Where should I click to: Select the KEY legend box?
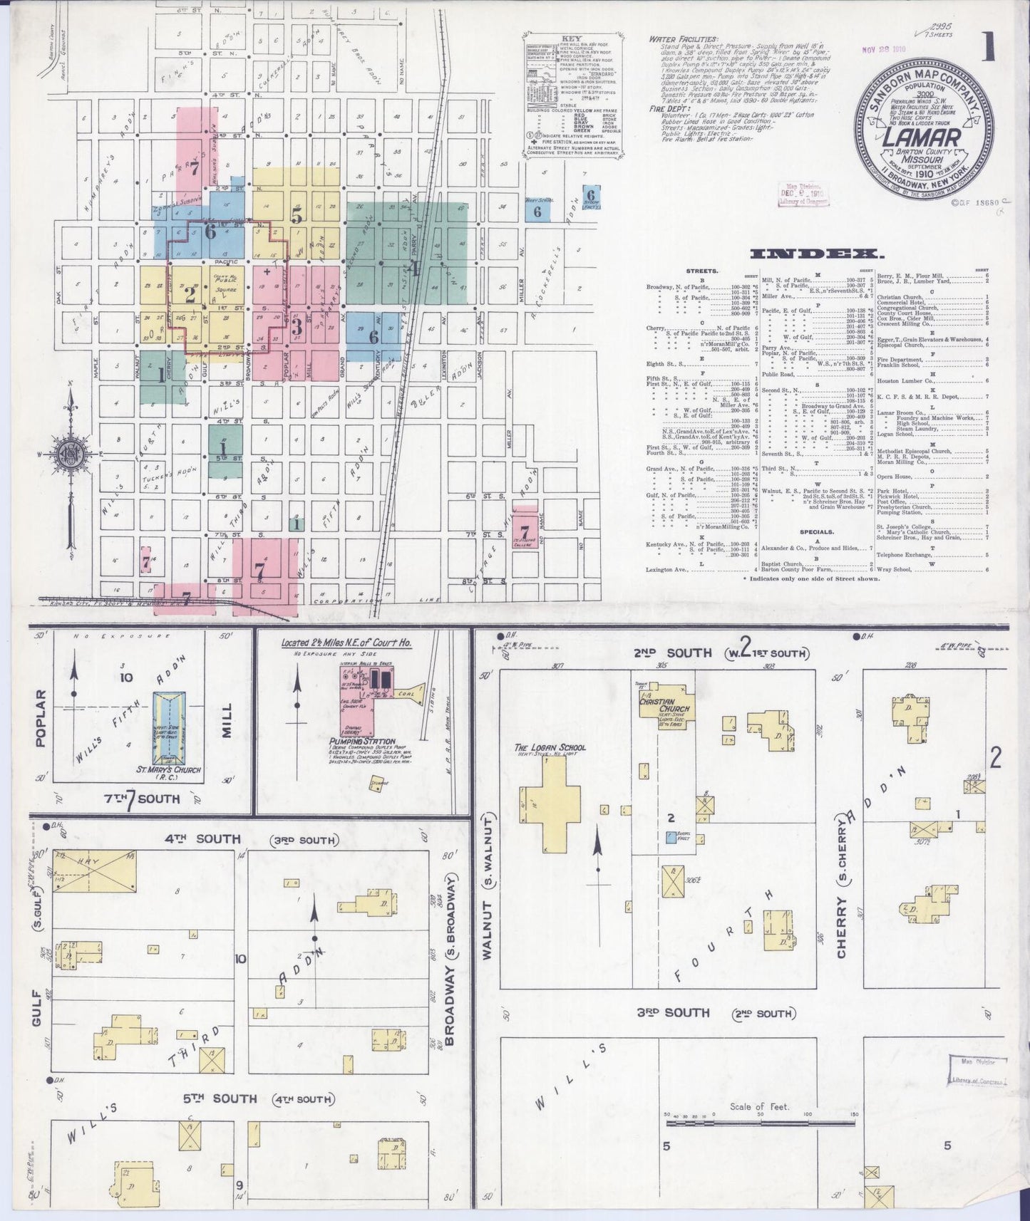[x=572, y=93]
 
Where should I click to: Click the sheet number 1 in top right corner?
[x=989, y=48]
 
